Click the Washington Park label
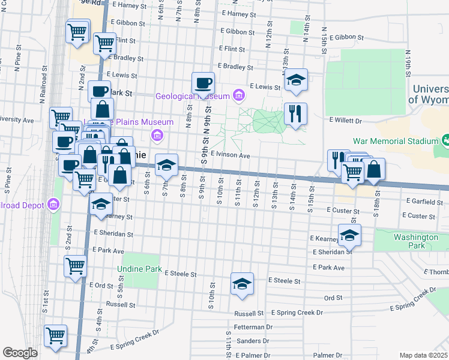(x=416, y=241)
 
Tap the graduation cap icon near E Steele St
(x=242, y=284)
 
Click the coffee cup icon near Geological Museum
(x=203, y=83)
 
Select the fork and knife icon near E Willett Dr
(x=295, y=114)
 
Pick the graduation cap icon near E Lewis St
(x=296, y=80)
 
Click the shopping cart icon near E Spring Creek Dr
(x=56, y=336)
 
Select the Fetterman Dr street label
(x=254, y=327)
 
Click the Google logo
(x=20, y=353)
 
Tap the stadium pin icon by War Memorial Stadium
(x=446, y=141)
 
